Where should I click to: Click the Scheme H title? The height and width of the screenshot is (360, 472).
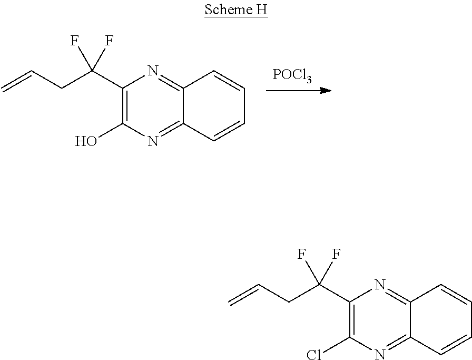click(235, 11)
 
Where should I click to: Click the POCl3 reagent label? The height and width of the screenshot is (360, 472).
click(292, 75)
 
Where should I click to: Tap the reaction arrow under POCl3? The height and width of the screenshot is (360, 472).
click(298, 91)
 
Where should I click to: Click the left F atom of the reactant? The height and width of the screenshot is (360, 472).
click(75, 41)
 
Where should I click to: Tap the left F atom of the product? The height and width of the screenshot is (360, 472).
click(302, 255)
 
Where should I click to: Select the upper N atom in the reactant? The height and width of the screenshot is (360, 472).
click(153, 71)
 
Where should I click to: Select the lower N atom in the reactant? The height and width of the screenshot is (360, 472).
click(153, 141)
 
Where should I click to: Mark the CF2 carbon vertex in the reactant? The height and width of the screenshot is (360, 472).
click(92, 70)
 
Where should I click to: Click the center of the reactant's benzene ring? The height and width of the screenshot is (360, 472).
click(214, 106)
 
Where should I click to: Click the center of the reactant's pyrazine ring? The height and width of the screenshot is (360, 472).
click(153, 106)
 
